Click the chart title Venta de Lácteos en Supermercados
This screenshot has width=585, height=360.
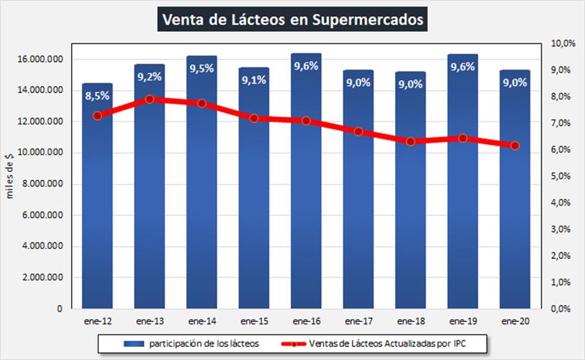pos(292,20)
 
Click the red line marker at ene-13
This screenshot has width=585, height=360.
pos(149,99)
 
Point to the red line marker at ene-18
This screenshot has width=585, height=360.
pos(410,141)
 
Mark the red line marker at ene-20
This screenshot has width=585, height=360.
pos(515,146)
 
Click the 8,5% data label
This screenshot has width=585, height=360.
pos(97,94)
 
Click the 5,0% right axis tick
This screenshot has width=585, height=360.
pos(561,176)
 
